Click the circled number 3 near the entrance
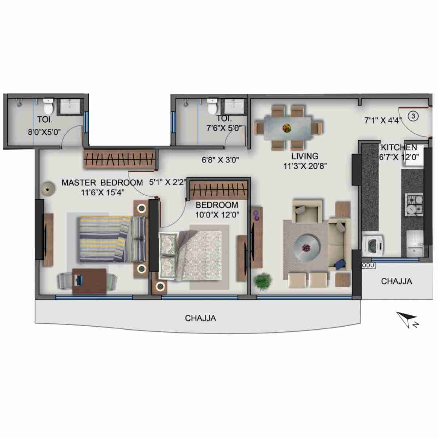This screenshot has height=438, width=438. coord(413,116)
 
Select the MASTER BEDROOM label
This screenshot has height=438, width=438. coord(102,182)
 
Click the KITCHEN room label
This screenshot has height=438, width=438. coord(399,147)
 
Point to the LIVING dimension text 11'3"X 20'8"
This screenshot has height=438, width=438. coord(305,166)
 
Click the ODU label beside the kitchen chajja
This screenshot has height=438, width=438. coord(368,265)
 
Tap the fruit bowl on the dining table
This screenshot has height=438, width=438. coord(287,128)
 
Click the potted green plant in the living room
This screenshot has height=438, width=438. coord(262,281)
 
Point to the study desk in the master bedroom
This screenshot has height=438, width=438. coord(89,281)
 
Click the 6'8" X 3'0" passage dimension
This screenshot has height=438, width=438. coord(220,160)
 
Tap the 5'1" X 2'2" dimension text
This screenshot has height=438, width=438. coord(168,182)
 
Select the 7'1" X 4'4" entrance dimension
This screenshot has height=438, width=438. coord(383,120)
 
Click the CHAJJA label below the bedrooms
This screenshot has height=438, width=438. coord(200,318)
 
